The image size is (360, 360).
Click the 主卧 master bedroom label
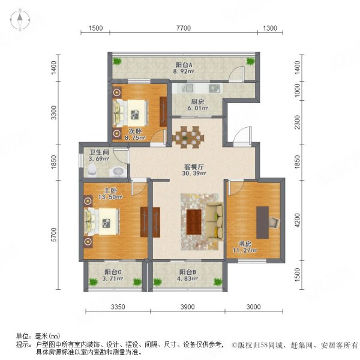(92, 196)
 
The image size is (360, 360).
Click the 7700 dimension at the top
(184, 28)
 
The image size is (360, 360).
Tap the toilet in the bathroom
(92, 170)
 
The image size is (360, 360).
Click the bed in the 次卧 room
(132, 110)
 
